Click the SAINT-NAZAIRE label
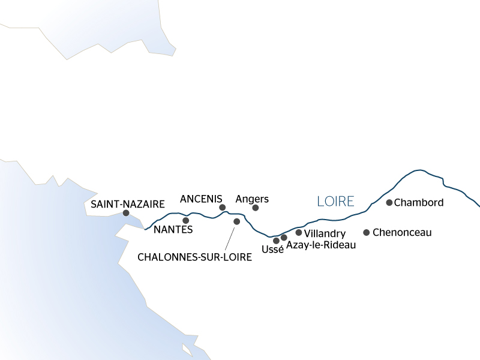coord(128,204)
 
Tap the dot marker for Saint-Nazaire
coord(126,213)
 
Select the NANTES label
coord(173,229)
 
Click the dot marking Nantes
coord(185,220)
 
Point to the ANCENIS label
coord(202,199)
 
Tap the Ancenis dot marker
coord(223,208)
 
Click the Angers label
coord(252,199)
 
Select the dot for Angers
coord(256,208)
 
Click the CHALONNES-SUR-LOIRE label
coord(194,256)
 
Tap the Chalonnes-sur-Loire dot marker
coord(237,221)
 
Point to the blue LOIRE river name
coord(335,201)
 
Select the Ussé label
coord(273,250)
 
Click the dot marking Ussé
coord(276,241)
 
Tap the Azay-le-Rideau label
coord(321,245)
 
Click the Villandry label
coord(325,233)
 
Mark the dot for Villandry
coord(299,232)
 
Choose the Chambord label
coord(419,203)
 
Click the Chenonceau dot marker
coord(366,232)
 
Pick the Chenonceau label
coord(402,232)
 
